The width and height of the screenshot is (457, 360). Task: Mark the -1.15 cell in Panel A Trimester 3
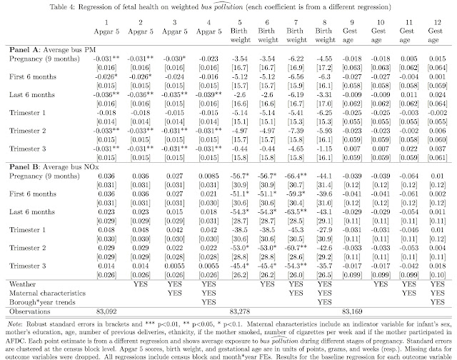point(328,145)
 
